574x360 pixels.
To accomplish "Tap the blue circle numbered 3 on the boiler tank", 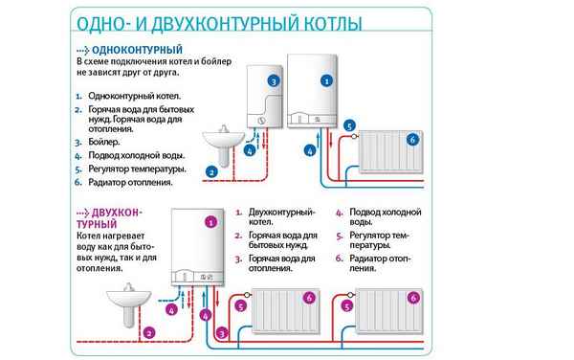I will (274, 82).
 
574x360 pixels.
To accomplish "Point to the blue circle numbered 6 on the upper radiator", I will (411, 140).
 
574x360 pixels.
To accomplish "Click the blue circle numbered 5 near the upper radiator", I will (349, 125).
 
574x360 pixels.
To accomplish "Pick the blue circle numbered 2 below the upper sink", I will (210, 172).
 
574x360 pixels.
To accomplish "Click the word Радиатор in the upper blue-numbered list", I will (111, 182).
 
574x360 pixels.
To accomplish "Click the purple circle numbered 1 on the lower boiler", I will (210, 221).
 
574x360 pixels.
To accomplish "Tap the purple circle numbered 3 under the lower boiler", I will (222, 332).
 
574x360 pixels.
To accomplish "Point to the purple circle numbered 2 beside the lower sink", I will (148, 332).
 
